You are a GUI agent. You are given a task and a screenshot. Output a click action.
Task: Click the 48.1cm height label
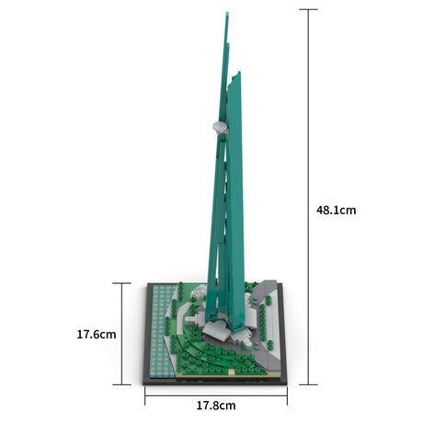pyautogui.click(x=336, y=211)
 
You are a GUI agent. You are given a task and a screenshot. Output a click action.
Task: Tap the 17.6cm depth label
pyautogui.click(x=97, y=334)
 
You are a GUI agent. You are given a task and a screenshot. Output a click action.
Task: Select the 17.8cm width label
pyautogui.click(x=216, y=406)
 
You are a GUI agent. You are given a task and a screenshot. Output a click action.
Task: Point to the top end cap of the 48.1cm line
pyautogui.click(x=308, y=9)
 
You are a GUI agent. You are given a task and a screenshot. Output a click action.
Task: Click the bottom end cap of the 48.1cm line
pyautogui.click(x=308, y=384)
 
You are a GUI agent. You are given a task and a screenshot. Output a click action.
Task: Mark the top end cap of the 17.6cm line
pyautogui.click(x=122, y=283)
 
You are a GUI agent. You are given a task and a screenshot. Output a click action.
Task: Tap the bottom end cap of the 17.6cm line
pyautogui.click(x=122, y=384)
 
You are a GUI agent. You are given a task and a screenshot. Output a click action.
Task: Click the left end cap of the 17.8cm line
pyautogui.click(x=145, y=395)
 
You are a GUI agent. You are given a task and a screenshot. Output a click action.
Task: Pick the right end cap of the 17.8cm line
pyautogui.click(x=287, y=395)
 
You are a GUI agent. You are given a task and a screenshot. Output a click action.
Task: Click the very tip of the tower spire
pyautogui.click(x=227, y=12)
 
